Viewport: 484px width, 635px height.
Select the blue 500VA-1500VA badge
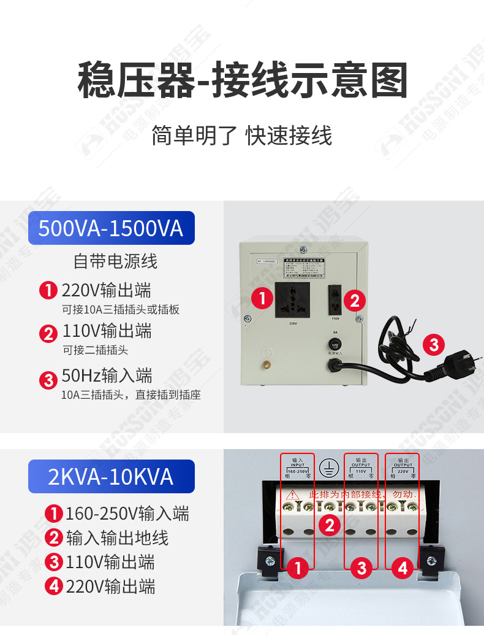point(111,228)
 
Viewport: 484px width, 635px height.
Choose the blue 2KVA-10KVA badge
point(111,477)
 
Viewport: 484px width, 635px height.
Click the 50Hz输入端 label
point(107,375)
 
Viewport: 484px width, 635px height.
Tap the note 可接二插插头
point(95,350)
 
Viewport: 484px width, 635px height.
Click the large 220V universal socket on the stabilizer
point(292,299)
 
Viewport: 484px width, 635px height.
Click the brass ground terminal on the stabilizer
point(267,366)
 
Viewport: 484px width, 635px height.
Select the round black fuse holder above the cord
point(335,345)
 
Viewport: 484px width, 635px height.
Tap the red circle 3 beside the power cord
point(434,344)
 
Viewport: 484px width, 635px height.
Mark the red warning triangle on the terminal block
point(293,494)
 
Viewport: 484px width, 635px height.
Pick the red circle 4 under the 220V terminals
point(403,569)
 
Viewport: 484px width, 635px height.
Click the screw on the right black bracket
point(431,560)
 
